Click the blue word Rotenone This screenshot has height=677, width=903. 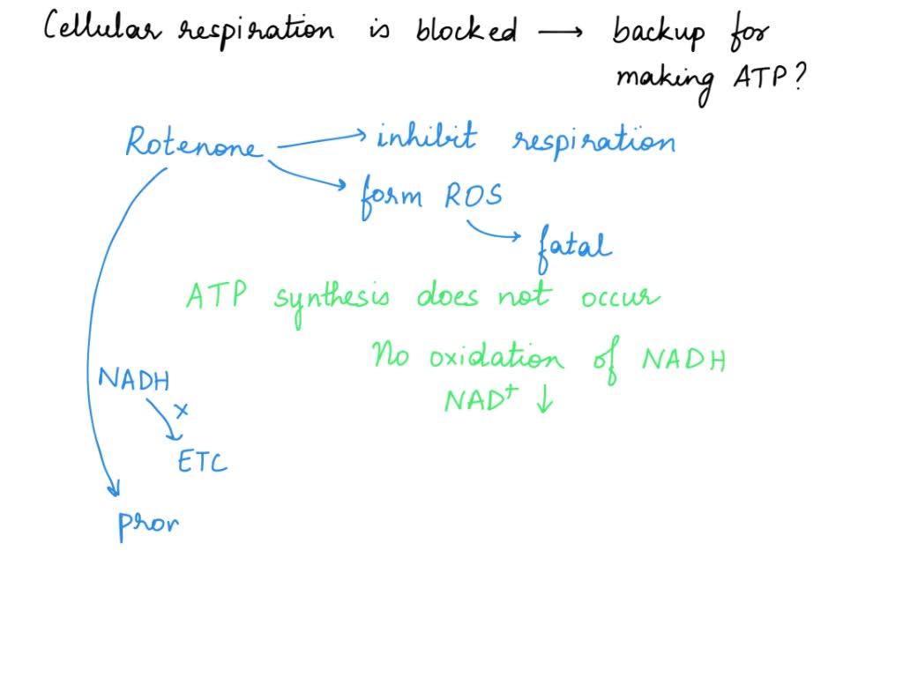click(194, 144)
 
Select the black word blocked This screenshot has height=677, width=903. click(466, 31)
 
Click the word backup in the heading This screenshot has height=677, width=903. click(659, 33)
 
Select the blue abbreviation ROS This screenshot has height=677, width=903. click(473, 196)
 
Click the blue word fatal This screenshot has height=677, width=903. click(573, 244)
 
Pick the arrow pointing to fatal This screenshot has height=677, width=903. click(494, 232)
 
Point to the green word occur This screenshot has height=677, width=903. click(619, 298)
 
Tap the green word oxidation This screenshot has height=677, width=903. click(496, 358)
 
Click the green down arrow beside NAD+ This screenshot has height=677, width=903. click(543, 401)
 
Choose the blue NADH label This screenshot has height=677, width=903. click(133, 380)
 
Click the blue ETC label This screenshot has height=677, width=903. click(202, 461)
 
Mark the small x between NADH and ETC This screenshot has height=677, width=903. click(182, 410)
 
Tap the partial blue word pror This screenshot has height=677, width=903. click(148, 524)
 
